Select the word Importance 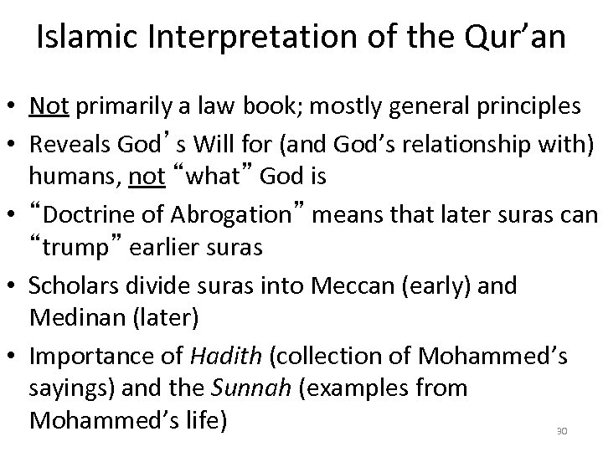click(x=84, y=357)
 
